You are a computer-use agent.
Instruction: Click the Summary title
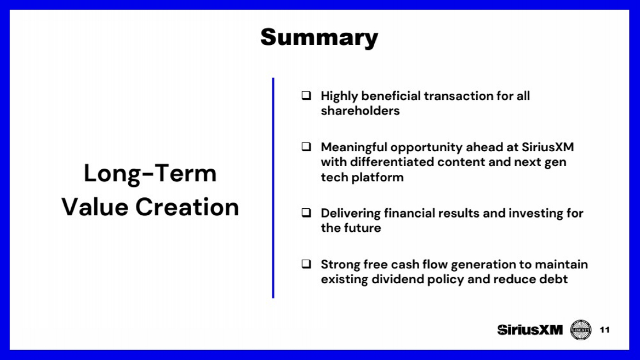point(319,38)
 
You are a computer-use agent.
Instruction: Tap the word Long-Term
point(150,173)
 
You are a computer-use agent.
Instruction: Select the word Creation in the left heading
point(187,207)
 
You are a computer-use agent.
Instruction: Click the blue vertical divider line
point(273,188)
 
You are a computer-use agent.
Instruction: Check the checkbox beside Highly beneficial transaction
point(306,95)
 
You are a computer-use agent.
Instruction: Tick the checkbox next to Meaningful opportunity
point(306,146)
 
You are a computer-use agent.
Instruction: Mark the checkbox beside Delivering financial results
point(306,213)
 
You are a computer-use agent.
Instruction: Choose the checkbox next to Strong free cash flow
point(306,264)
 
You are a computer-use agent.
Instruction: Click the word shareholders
point(360,111)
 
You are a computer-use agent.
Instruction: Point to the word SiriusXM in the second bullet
point(547,147)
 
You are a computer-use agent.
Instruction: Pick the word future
point(362,228)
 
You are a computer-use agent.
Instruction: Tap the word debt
point(554,279)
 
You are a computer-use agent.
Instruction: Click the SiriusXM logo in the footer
point(530,330)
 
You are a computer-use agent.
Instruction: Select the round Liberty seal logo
point(580,330)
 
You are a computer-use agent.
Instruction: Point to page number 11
point(604,330)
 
